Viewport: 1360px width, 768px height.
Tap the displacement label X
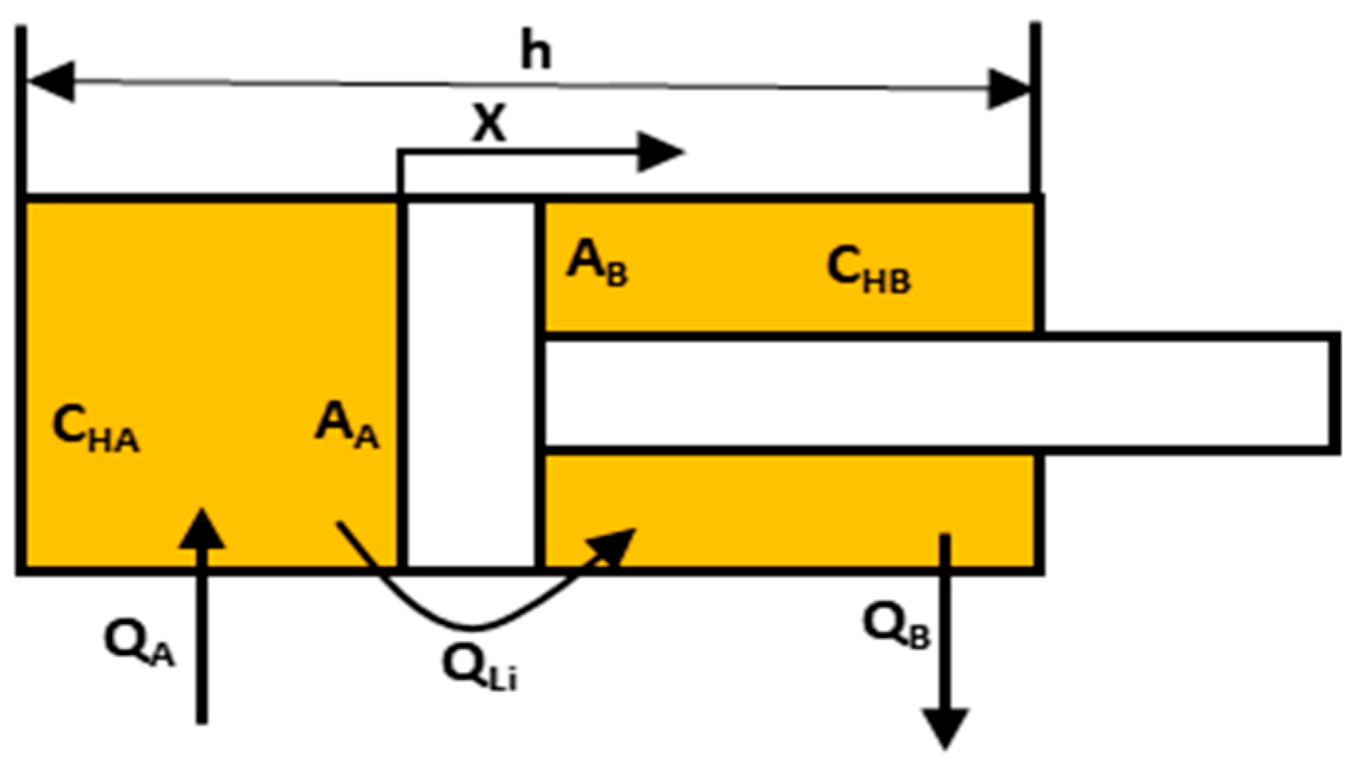490,124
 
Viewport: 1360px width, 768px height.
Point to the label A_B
597,264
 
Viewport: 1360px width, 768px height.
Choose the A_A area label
347,427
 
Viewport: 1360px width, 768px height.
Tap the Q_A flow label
139,644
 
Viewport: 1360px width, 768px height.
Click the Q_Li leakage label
479,667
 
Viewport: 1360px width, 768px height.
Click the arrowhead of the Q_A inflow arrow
202,529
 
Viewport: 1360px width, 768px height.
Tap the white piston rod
927,391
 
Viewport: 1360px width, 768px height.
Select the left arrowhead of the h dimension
51,81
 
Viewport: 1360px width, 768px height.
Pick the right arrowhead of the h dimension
1010,90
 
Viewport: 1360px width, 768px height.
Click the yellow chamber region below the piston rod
788,510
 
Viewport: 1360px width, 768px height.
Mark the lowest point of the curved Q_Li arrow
473,627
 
